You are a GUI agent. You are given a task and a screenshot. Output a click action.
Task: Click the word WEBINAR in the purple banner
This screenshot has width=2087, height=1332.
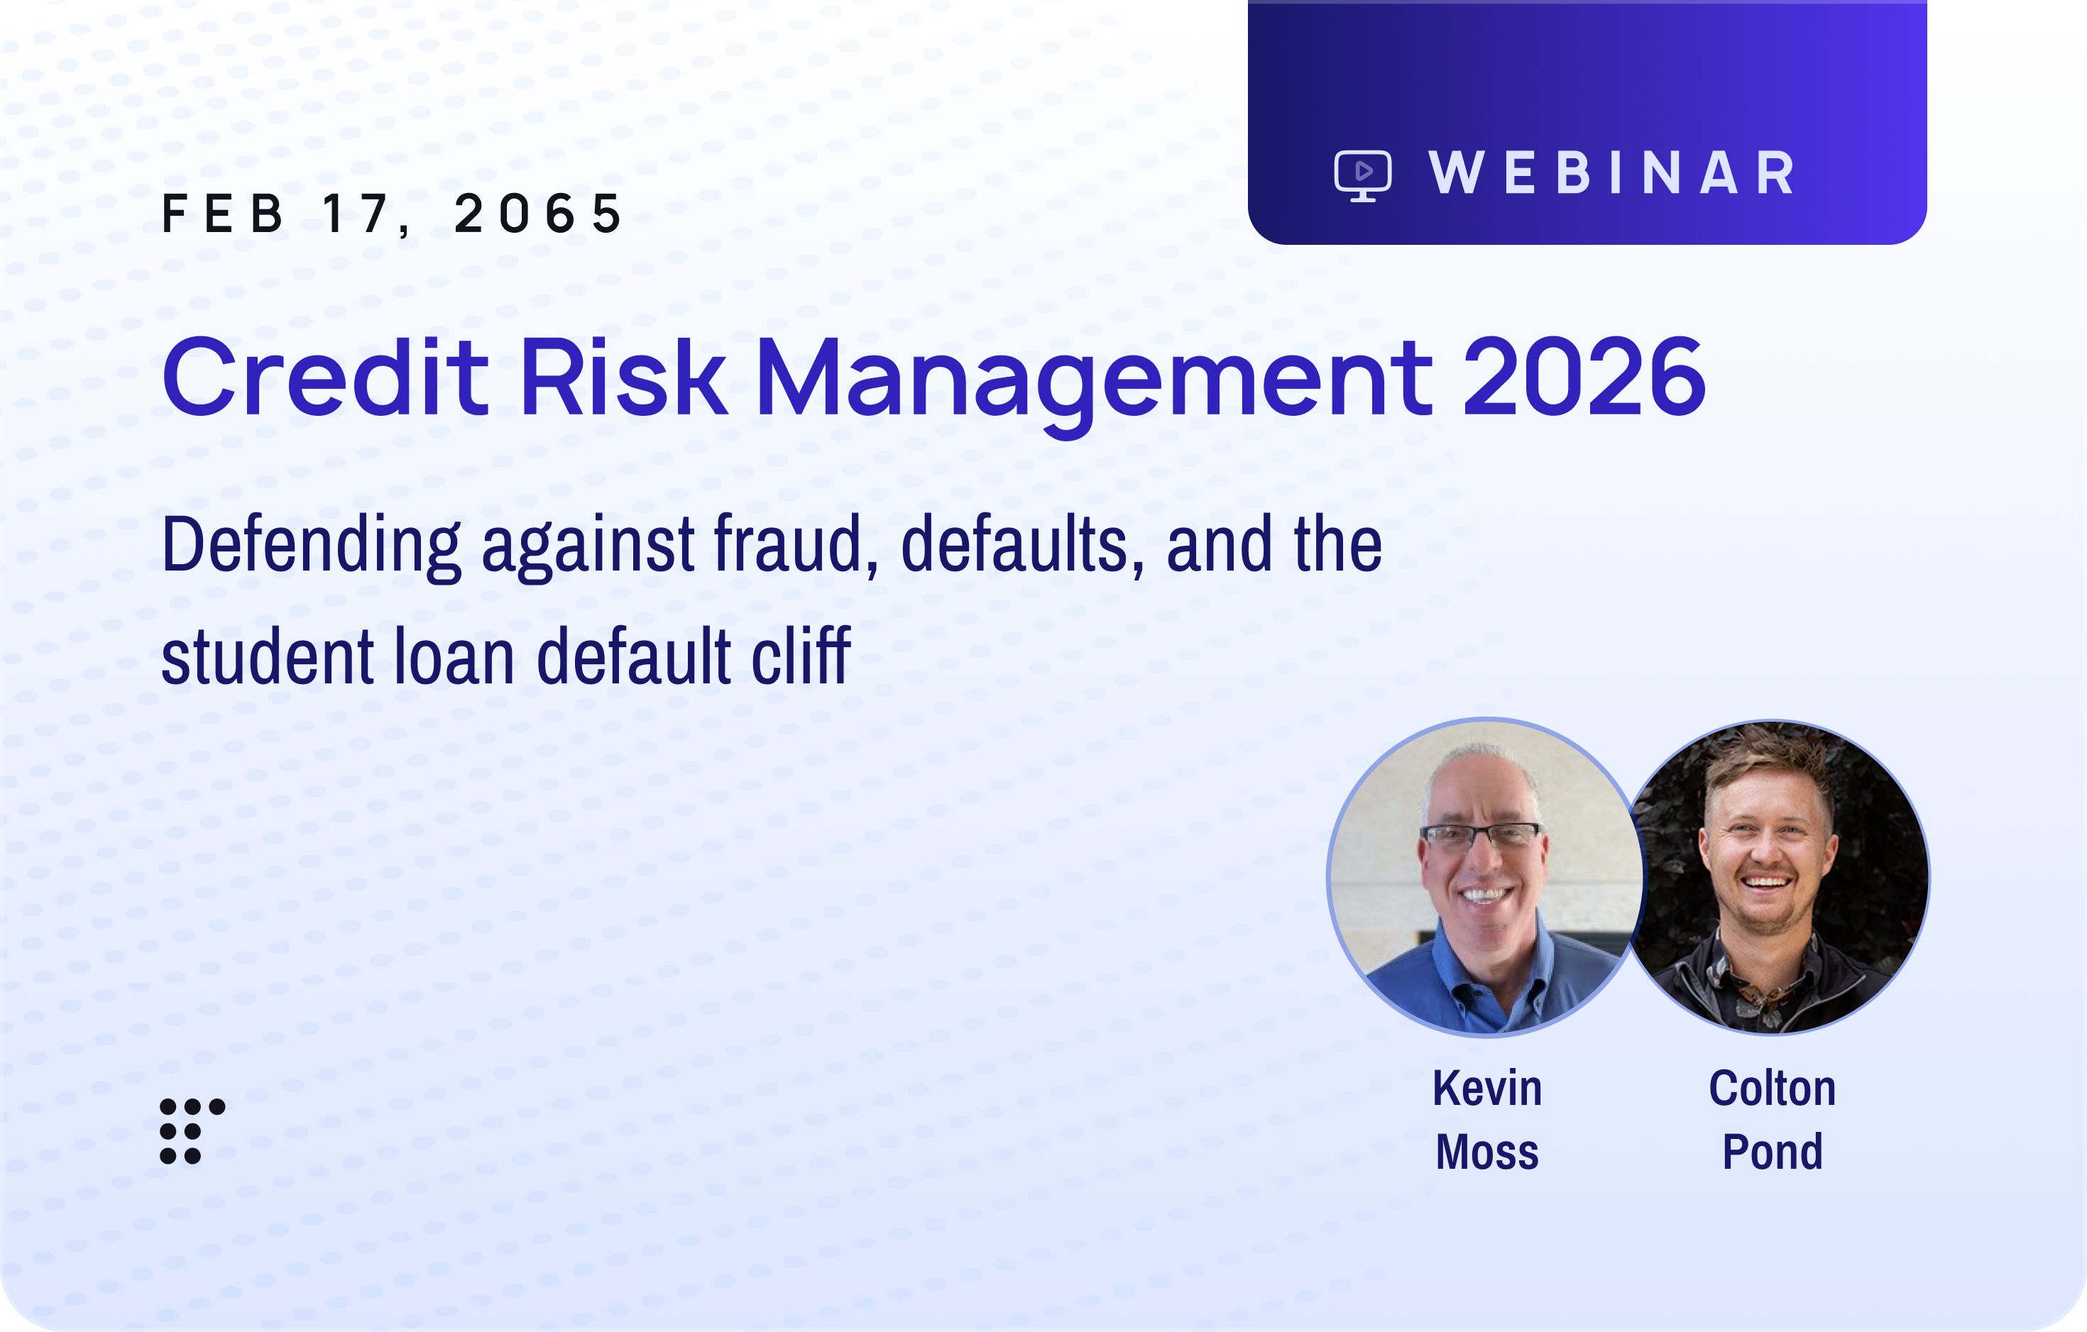click(1612, 172)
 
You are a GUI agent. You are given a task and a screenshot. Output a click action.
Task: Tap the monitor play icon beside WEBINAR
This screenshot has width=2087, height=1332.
click(1362, 176)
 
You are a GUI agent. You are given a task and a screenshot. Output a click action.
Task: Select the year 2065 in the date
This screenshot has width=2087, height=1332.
click(537, 213)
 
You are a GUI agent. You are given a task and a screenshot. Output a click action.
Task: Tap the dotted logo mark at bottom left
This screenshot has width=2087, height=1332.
click(192, 1131)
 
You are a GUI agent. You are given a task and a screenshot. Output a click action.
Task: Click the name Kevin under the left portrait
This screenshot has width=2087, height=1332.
click(1487, 1089)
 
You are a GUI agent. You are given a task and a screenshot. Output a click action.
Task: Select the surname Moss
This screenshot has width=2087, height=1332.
click(1487, 1152)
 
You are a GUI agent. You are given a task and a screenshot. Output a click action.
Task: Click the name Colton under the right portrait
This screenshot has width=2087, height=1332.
click(1773, 1089)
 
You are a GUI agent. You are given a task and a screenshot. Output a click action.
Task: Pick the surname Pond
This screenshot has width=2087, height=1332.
click(1773, 1152)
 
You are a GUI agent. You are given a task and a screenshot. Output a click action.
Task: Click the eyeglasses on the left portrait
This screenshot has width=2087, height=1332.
click(1480, 835)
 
